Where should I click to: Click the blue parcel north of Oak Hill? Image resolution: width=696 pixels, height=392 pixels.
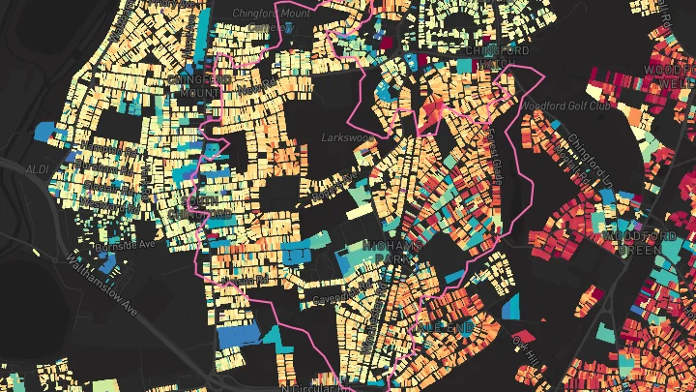pos(511,308)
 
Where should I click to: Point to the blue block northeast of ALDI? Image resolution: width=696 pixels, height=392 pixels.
pos(45,130)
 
